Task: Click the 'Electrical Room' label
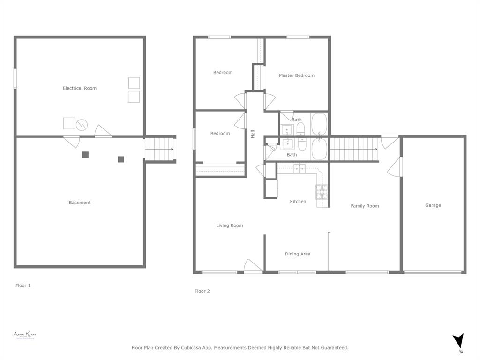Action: pos(80,88)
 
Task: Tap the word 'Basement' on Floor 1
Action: pos(80,202)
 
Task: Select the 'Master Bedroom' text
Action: pos(296,75)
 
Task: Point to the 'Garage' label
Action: pos(433,205)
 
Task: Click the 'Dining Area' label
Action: pos(298,254)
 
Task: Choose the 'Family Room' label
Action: pos(365,206)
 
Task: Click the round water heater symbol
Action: pos(82,124)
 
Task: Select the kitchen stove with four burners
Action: pos(322,190)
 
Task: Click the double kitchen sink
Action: pos(300,168)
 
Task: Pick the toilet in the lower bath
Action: pos(302,145)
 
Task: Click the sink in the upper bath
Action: pos(287,130)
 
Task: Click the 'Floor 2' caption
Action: pos(202,291)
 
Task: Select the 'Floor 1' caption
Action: pos(23,285)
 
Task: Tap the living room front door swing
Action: pos(252,266)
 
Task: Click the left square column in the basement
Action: pos(85,155)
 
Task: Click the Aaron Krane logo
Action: pos(25,335)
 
